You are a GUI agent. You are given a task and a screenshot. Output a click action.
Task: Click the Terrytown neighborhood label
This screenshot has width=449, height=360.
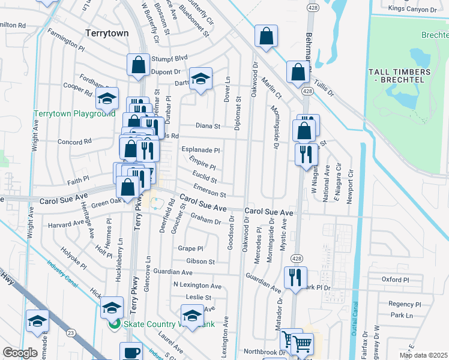(107, 34)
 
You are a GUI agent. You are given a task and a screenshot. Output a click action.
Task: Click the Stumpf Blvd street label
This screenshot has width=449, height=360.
(169, 58)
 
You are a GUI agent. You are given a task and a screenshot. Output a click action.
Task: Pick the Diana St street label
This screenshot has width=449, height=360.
(208, 127)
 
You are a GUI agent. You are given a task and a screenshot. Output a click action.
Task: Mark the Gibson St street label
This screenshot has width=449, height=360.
(200, 262)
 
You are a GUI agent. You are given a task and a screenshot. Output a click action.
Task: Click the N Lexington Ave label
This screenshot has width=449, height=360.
(197, 286)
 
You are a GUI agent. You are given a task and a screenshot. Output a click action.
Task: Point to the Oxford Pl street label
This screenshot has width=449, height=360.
(395, 280)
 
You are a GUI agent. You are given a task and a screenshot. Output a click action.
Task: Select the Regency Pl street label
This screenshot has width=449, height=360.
(402, 304)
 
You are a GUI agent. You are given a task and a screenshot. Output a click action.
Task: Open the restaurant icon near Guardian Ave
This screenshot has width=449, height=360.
(295, 278)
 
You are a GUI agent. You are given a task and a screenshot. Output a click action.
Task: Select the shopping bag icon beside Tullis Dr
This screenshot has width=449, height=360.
(298, 73)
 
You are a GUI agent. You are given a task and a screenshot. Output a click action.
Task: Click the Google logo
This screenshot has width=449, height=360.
(20, 353)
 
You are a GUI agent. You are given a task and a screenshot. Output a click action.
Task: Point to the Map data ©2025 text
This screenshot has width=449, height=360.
(423, 355)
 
